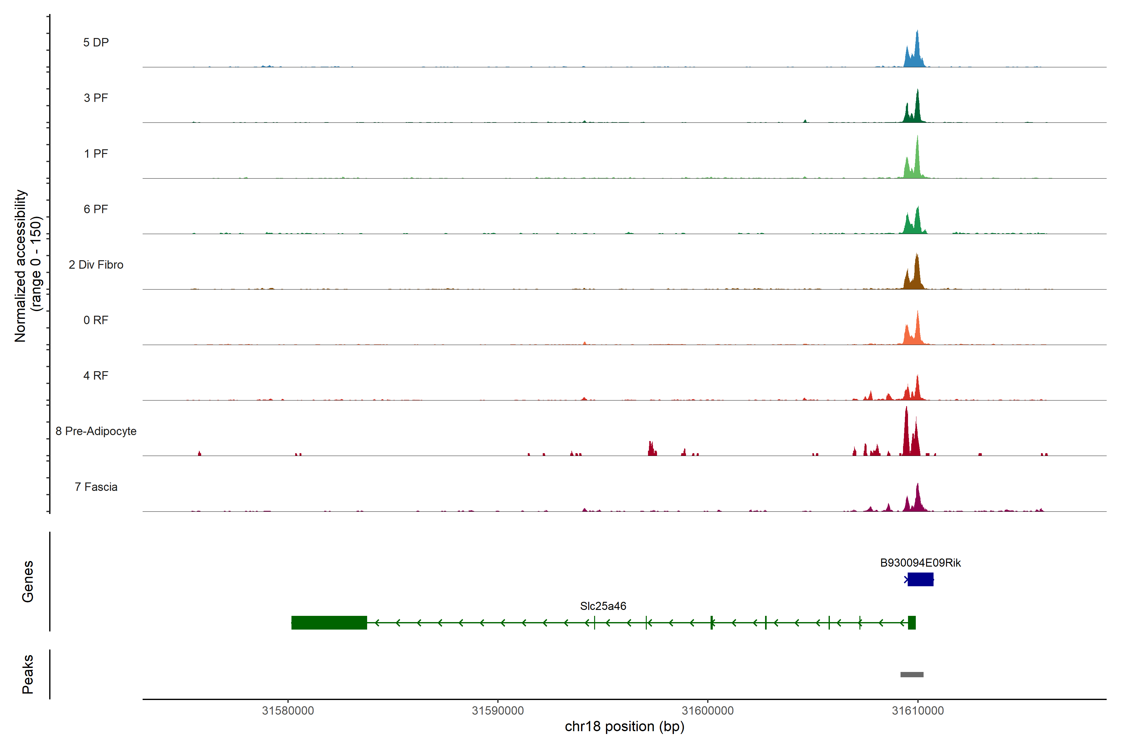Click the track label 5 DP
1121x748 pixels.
[x=96, y=42]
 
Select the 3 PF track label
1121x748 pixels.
[x=96, y=98]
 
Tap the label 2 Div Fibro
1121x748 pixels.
[x=96, y=265]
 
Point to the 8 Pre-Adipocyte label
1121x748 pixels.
[x=96, y=431]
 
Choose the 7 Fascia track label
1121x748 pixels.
[x=96, y=487]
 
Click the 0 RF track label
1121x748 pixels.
[x=96, y=320]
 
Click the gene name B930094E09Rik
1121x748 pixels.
[x=920, y=563]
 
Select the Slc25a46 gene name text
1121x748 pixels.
[x=603, y=606]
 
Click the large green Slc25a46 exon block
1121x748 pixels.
[x=329, y=622]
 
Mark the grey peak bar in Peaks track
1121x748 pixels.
[x=912, y=674]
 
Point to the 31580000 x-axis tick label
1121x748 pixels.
[x=288, y=711]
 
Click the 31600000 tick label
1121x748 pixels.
[x=708, y=711]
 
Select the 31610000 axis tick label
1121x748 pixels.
[x=917, y=711]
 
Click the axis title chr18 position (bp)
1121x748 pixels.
[x=624, y=726]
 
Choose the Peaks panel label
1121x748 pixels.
[x=28, y=674]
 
